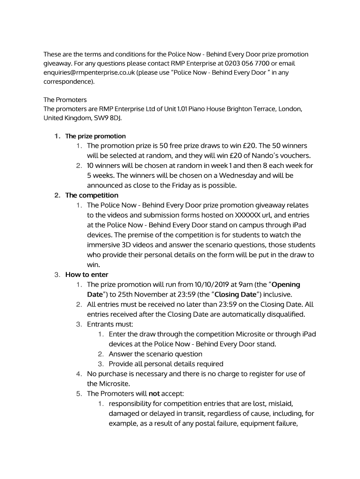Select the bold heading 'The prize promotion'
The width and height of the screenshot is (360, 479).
click(x=95, y=136)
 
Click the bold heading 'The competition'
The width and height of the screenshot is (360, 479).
click(x=92, y=195)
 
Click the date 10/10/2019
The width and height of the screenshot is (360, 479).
click(x=216, y=284)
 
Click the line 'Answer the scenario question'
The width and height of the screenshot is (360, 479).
click(x=156, y=354)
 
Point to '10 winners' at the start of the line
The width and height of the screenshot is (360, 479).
click(x=106, y=166)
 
